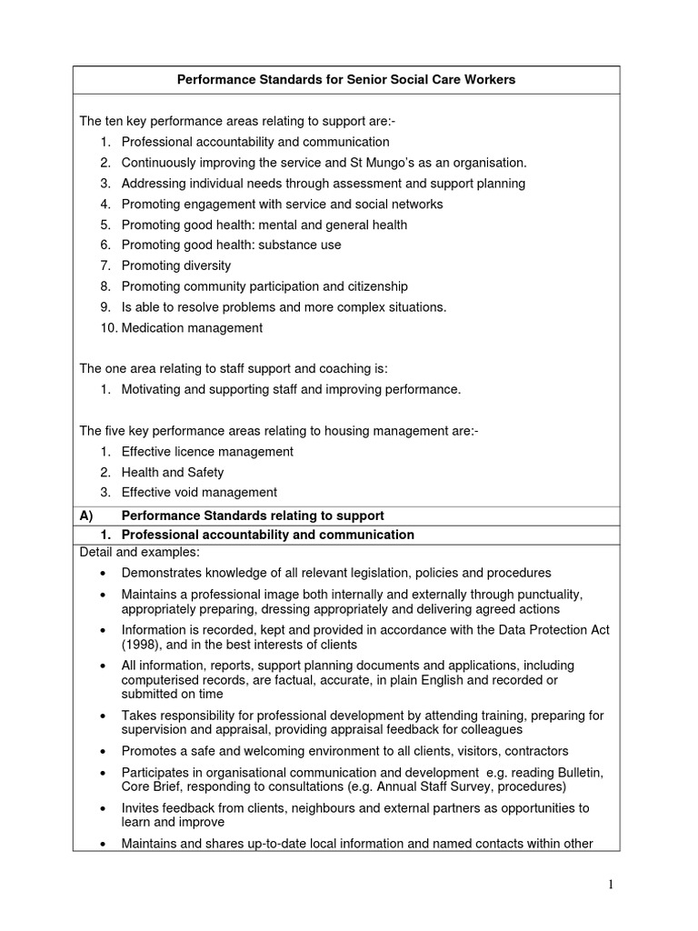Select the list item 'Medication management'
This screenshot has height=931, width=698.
[x=192, y=328]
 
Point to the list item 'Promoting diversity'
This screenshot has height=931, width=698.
[x=176, y=265]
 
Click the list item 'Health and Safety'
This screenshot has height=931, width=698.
[x=173, y=473]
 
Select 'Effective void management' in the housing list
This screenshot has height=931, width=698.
[x=199, y=493]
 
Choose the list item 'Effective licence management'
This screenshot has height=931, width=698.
[x=207, y=452]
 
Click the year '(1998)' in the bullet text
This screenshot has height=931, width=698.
[x=142, y=645]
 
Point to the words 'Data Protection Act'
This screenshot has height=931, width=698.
[x=553, y=630]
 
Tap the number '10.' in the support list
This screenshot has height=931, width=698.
[x=108, y=328]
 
